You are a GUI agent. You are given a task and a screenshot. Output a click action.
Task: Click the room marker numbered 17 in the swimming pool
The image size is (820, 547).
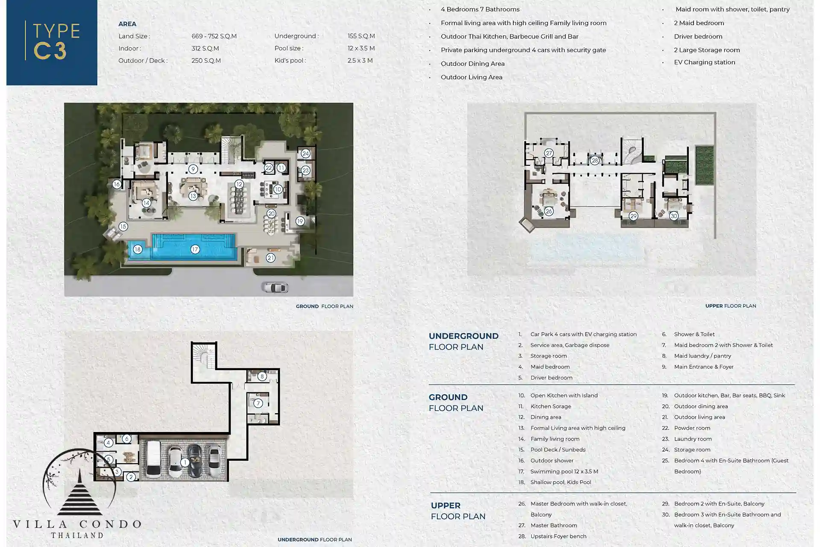point(195,249)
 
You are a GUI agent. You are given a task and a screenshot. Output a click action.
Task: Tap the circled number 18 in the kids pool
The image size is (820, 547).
point(137,249)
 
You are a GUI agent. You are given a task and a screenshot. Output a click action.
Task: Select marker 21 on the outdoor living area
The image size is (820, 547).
point(270,258)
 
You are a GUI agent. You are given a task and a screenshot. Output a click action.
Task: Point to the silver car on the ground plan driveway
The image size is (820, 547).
point(275,287)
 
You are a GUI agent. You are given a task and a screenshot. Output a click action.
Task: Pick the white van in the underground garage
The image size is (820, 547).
point(153,459)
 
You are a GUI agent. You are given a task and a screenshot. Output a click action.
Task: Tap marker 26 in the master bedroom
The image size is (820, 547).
point(549,211)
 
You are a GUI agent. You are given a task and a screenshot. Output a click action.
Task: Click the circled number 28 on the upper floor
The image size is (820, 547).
point(595,161)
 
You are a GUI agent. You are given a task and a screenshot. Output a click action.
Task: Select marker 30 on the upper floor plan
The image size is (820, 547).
point(674,216)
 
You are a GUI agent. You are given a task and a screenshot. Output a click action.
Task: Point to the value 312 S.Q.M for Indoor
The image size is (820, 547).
point(205,48)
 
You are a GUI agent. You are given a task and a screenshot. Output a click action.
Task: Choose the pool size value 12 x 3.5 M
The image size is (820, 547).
point(361,48)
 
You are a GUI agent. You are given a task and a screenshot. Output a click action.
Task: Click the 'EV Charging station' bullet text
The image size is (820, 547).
point(705,62)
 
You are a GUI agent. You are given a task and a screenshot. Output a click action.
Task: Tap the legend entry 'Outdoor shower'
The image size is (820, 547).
point(552,461)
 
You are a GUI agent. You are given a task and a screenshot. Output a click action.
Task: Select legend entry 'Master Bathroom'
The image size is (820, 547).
point(553,526)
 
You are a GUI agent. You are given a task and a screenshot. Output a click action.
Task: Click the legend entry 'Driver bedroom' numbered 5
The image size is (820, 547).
point(551,378)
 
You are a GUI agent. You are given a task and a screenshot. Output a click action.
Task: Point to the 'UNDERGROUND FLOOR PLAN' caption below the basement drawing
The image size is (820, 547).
point(315,540)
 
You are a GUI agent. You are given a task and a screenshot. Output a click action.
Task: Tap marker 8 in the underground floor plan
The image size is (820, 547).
point(262,376)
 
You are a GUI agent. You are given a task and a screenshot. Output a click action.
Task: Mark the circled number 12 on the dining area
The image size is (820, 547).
point(239,185)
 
